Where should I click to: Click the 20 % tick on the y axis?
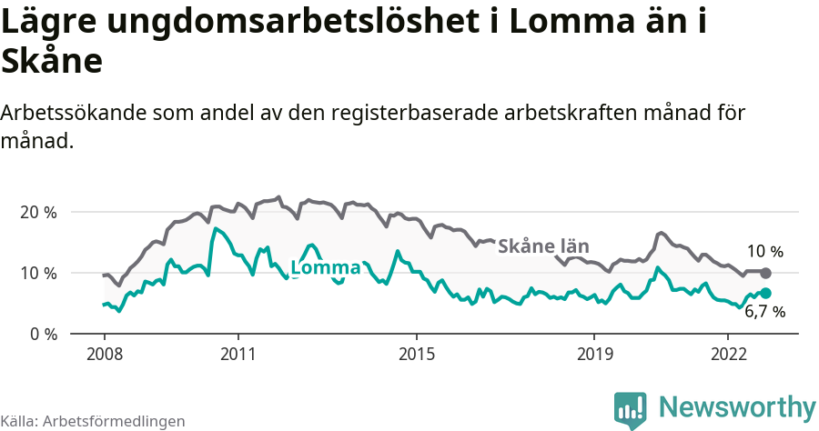36,212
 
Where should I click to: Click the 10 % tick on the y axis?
36,273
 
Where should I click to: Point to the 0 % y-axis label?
41,334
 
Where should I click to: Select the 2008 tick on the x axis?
104,353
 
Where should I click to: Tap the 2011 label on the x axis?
238,353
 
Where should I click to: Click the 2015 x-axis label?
416,353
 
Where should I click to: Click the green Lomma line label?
325,268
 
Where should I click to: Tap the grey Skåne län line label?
543,246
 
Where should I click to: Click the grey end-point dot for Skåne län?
766,273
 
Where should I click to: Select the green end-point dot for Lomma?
766,293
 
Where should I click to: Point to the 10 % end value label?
764,252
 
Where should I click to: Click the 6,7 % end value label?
764,312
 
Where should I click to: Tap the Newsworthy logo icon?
631,409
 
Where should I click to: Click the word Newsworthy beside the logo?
737,406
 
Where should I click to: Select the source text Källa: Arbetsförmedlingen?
93,421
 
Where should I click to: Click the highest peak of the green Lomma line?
215,228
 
